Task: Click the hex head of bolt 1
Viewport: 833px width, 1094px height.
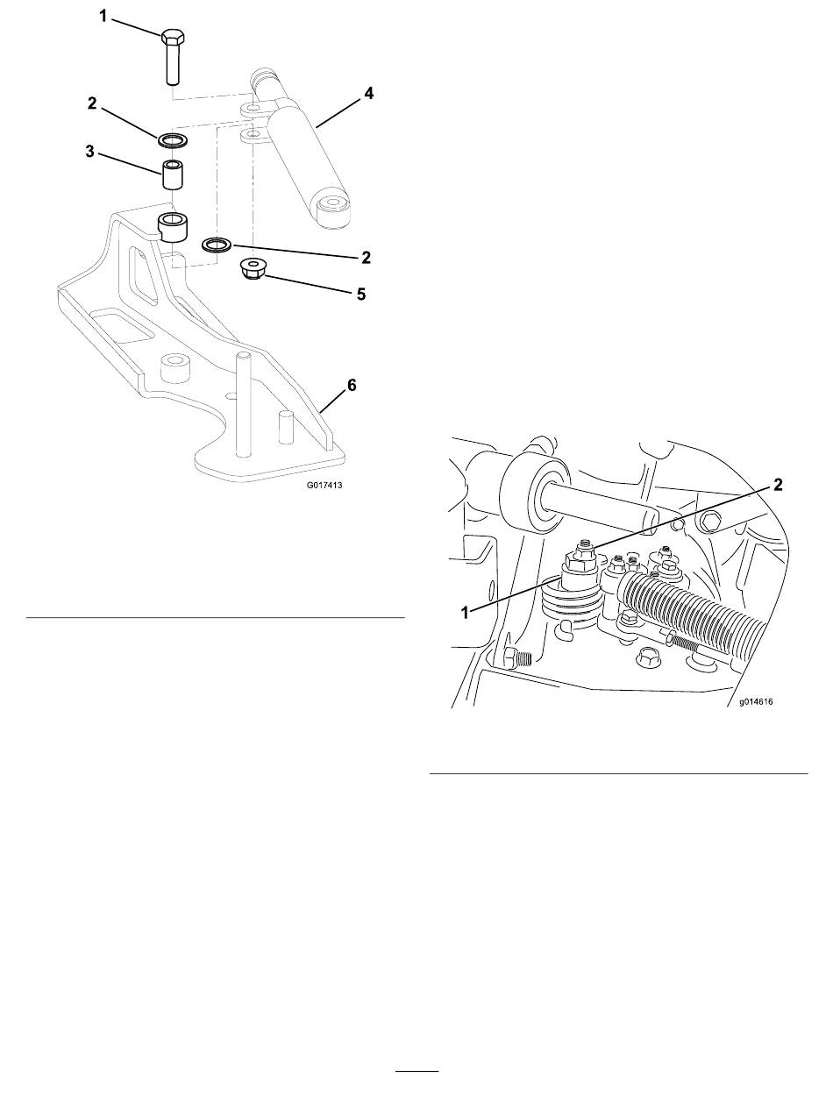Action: pos(173,37)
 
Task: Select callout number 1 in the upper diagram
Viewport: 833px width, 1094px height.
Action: pos(103,17)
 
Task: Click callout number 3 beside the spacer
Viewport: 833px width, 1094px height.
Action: pos(89,151)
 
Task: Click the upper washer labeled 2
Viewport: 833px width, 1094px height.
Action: pos(173,140)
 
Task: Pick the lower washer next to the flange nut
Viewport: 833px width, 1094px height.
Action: pos(217,245)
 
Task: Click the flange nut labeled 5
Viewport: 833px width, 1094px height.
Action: pos(253,270)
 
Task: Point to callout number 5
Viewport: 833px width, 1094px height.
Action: pos(361,294)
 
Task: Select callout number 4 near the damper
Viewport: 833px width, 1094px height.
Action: pos(368,93)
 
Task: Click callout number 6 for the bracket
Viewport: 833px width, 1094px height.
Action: pos(352,385)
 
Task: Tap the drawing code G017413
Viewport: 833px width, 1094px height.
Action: pos(324,485)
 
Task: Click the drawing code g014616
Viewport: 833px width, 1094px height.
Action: pos(756,702)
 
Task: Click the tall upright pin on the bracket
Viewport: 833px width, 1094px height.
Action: pos(243,404)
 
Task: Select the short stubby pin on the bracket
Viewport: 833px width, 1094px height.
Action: pos(286,427)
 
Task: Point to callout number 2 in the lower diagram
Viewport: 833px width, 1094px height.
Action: pos(777,485)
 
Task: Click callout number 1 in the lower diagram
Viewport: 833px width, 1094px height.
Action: pos(466,612)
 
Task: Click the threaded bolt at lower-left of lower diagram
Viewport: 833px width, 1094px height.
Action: pos(518,659)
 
